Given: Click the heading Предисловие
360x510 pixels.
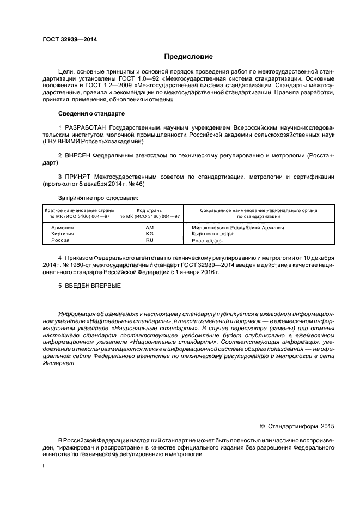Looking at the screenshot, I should (189, 56).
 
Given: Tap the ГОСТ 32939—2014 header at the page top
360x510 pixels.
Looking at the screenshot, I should (66, 39).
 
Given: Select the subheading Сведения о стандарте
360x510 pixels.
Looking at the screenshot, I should (91, 113).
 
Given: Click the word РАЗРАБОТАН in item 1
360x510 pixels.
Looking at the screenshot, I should (85, 127).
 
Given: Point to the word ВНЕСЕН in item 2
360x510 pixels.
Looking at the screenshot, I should (77, 155).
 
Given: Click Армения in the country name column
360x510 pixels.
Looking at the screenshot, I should (63, 227).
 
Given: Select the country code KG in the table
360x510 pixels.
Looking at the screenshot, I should (150, 233).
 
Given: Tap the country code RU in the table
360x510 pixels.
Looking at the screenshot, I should (150, 240).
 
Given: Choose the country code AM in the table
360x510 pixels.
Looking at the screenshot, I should (150, 227).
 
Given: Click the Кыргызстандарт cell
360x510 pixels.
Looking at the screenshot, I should (212, 233).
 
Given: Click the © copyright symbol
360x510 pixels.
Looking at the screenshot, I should (262, 426).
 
